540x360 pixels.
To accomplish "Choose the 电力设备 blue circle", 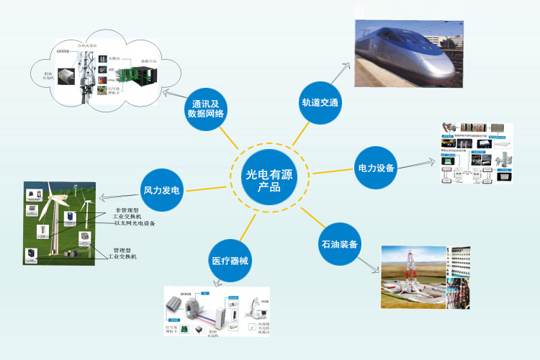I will coord(377,168).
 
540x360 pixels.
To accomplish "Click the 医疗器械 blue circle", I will coord(230,261).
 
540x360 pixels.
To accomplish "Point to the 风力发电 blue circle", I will coord(161,191).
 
